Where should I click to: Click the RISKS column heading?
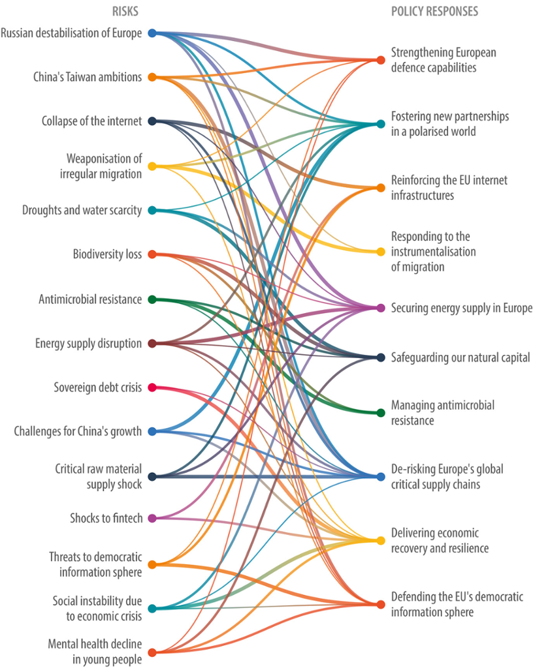tap(125, 11)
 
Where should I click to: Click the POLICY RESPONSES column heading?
tap(434, 11)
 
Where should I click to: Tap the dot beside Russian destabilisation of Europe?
tap(152, 33)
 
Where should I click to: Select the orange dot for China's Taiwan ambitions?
tap(152, 77)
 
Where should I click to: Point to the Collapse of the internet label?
tap(91, 121)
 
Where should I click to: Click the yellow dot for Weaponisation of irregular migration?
tap(152, 166)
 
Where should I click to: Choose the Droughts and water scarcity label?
tap(82, 210)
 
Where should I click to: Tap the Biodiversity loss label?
tap(107, 254)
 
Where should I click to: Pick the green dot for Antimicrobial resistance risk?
tap(152, 299)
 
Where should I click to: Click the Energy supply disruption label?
tap(88, 343)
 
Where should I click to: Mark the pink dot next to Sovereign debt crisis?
tap(152, 387)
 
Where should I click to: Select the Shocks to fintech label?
tap(106, 519)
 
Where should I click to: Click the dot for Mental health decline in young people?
tap(152, 652)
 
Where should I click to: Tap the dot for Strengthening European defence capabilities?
tap(381, 60)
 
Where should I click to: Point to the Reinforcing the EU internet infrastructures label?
tap(449, 188)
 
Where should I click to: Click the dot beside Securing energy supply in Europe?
tap(381, 307)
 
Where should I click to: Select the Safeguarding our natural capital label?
tap(460, 357)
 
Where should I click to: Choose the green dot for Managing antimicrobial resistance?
tap(381, 412)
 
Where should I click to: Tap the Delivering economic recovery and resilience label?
tap(440, 541)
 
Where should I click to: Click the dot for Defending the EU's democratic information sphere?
tap(381, 604)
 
